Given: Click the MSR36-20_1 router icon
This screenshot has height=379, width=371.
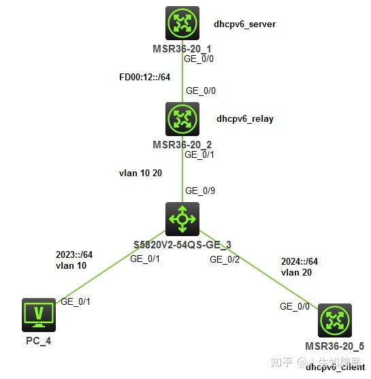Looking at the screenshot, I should pos(182,23).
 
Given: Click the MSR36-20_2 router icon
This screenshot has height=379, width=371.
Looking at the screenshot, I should pos(182,119).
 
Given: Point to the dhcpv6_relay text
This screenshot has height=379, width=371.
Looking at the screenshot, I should pos(245,118).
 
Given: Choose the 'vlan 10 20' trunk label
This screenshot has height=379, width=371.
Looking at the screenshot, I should pos(140,174).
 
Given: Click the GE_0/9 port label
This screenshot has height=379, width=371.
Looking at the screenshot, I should pos(200,191).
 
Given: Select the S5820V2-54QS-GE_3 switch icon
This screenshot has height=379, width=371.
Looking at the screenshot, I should pos(182,219).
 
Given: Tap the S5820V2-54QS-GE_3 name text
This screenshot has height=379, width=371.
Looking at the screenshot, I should pos(182,244).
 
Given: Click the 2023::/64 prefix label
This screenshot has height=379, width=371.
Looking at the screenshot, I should pos(74,254).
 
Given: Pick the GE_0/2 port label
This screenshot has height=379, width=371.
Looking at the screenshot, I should pos(225,259).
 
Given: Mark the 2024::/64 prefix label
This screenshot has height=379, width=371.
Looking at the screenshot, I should pos(299,261).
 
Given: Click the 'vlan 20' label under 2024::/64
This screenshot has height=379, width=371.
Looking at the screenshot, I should pos(295,272).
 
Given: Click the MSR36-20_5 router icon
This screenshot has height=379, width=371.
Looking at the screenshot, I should pos(334,320).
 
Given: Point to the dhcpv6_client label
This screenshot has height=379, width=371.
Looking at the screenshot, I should pos(335,367).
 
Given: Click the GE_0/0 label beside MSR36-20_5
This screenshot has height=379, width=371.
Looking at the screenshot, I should pos(294,306).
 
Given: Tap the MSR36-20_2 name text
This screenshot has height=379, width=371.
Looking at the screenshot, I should pos(182,144).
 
